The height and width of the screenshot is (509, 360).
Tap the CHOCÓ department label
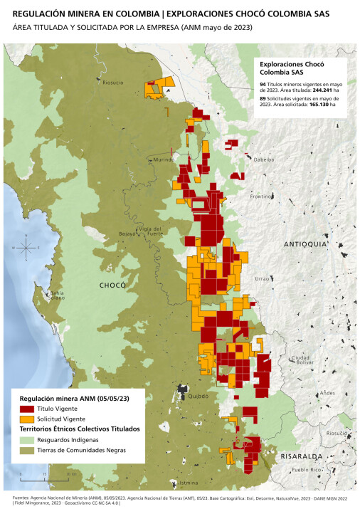(112, 285)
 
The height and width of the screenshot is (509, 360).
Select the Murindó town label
(164, 160)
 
